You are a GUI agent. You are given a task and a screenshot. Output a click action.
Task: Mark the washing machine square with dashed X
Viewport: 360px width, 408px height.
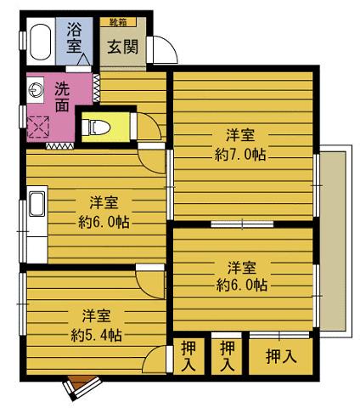click(38, 128)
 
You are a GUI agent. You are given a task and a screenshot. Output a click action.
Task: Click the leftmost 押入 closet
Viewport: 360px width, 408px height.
click(188, 357)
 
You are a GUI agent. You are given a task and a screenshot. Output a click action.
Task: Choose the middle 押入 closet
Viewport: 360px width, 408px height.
click(227, 357)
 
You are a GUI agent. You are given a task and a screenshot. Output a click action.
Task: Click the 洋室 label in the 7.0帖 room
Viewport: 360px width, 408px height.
click(241, 135)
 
